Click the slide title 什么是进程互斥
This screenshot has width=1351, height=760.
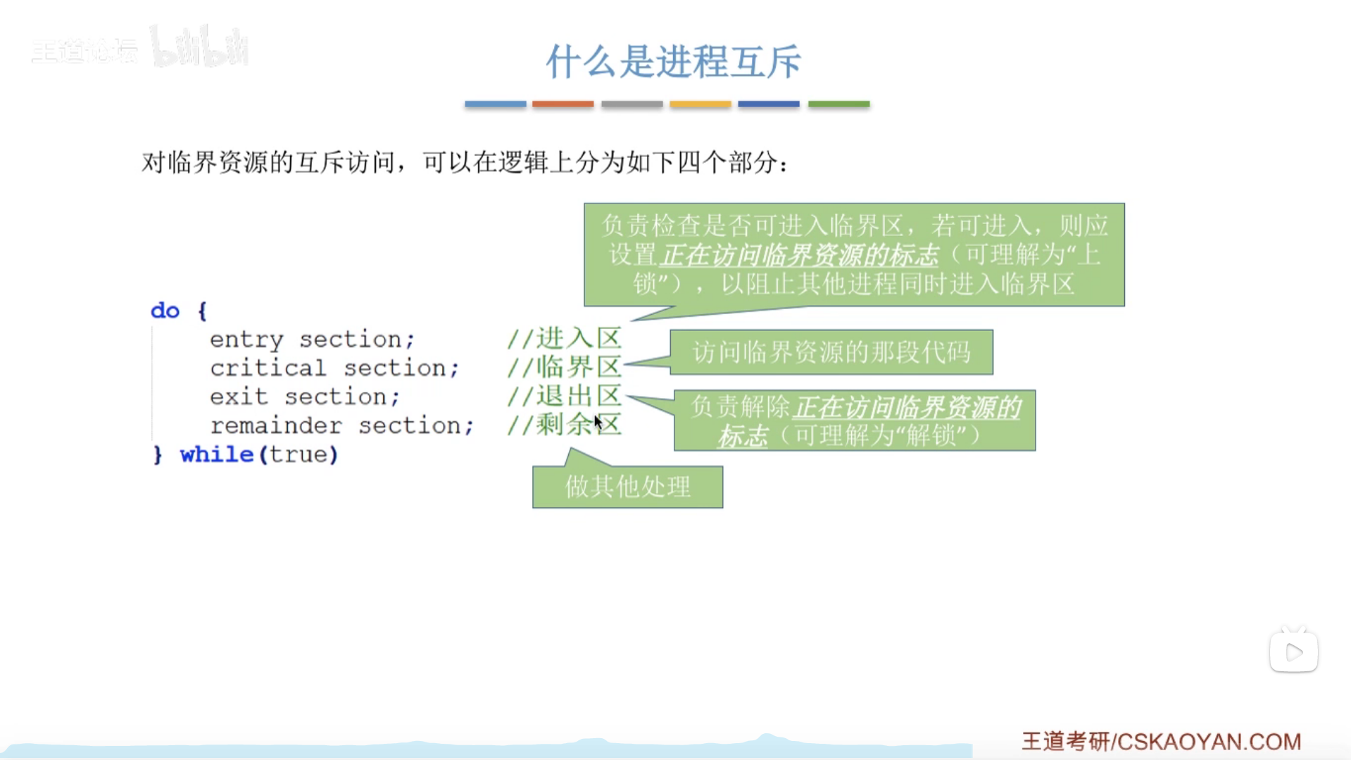(673, 61)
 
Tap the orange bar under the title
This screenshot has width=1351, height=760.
(563, 104)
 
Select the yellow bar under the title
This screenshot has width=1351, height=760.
(700, 104)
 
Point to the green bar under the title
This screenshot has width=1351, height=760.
(838, 104)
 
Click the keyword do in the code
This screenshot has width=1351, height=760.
(165, 311)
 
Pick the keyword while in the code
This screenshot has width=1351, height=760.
(216, 454)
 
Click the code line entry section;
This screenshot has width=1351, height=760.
(313, 339)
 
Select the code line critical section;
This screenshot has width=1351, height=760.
(334, 368)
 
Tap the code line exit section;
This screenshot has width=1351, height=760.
(305, 397)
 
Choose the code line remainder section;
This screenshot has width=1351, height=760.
(342, 425)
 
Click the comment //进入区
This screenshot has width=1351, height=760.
(565, 338)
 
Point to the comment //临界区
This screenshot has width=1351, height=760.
(565, 367)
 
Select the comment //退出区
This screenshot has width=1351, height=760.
(565, 396)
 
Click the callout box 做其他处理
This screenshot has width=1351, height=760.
(628, 487)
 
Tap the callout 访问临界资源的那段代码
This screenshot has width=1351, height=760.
(831, 352)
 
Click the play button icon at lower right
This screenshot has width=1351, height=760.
(1294, 652)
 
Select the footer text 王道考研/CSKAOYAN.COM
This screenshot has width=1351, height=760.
(1162, 741)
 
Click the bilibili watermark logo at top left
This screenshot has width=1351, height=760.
(200, 47)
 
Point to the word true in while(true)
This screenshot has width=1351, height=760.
(299, 454)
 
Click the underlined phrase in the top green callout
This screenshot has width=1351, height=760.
(799, 255)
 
